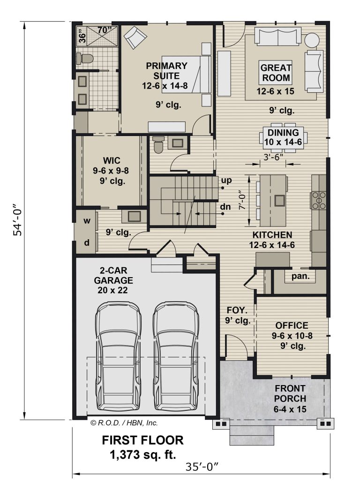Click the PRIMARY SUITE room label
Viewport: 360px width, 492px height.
pyautogui.click(x=166, y=71)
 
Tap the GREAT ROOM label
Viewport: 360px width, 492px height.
pyautogui.click(x=276, y=73)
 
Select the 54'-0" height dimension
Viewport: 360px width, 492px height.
pyautogui.click(x=17, y=220)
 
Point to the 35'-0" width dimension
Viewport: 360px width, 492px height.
pyautogui.click(x=202, y=467)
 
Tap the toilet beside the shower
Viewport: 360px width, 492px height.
pyautogui.click(x=85, y=58)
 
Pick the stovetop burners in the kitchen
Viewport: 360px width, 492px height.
pyautogui.click(x=318, y=200)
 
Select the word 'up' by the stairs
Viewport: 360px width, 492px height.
pyautogui.click(x=226, y=181)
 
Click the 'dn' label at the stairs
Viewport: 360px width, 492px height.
pyautogui.click(x=225, y=206)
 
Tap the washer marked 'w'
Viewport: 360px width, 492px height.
pyautogui.click(x=87, y=221)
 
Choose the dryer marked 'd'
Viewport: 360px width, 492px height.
pyautogui.click(x=87, y=242)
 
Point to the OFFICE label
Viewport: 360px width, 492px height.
pyautogui.click(x=292, y=325)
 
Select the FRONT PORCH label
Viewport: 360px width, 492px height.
pyautogui.click(x=290, y=394)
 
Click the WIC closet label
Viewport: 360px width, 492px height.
pyautogui.click(x=112, y=160)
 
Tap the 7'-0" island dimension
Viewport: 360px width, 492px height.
pyautogui.click(x=241, y=201)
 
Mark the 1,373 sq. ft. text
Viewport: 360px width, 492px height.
pyautogui.click(x=142, y=454)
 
